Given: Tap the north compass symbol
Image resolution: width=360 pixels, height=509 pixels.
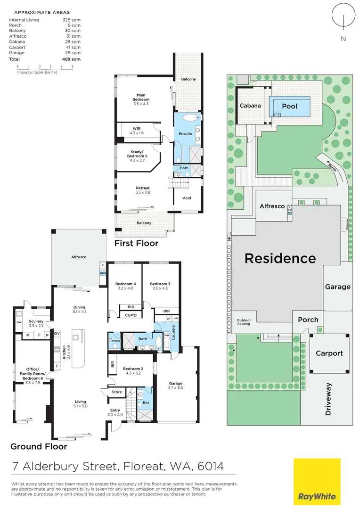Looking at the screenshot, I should click(343, 18).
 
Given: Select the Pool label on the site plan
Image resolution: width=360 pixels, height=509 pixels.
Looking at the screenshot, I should click(289, 106).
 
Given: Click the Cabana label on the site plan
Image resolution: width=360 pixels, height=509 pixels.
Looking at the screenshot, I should click(250, 106).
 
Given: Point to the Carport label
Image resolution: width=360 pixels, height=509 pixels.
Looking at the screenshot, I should click(329, 353).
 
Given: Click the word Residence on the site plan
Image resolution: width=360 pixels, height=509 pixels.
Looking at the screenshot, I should click(279, 258).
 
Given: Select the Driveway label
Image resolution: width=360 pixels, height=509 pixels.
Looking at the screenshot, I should click(329, 399).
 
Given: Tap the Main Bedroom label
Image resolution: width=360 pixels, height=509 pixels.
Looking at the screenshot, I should click(140, 97).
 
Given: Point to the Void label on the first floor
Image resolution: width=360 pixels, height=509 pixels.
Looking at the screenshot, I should click(187, 198).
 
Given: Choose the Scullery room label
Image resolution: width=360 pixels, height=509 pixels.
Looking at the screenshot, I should click(36, 323).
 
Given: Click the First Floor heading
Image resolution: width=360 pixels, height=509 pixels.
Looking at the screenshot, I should click(137, 243).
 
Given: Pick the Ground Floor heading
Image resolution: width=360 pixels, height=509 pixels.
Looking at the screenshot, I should click(39, 446).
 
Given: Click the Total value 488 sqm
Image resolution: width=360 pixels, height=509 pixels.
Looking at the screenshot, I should click(71, 59).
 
